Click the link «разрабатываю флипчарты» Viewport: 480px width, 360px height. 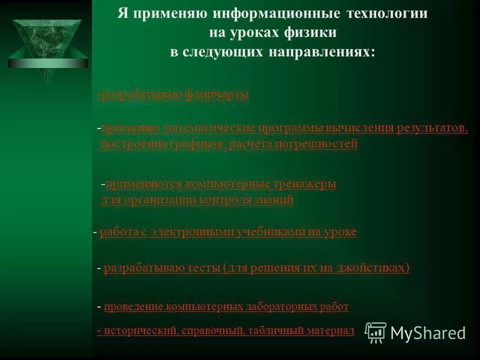click(173, 95)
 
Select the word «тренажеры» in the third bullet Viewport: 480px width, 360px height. click(302, 184)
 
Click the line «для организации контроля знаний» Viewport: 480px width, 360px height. click(197, 200)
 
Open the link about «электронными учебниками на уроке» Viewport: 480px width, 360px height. click(228, 232)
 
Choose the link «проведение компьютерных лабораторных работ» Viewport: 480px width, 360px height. click(226, 307)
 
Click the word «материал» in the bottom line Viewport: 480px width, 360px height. click(332, 331)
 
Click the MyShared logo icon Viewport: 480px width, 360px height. click(376, 332)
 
